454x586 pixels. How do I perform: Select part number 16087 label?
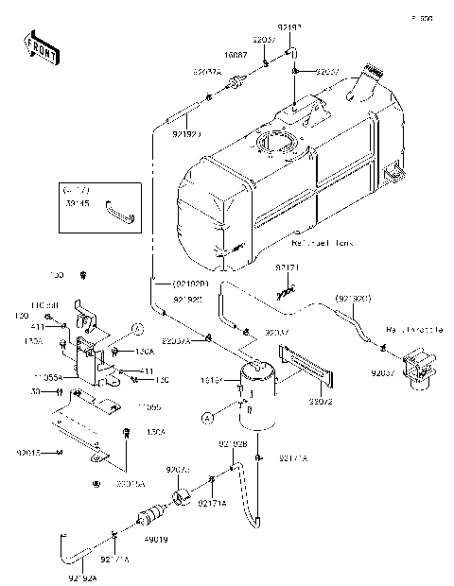[x=236, y=56]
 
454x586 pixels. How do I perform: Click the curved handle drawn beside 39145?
[x=120, y=208]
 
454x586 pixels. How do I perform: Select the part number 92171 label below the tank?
[x=288, y=268]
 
